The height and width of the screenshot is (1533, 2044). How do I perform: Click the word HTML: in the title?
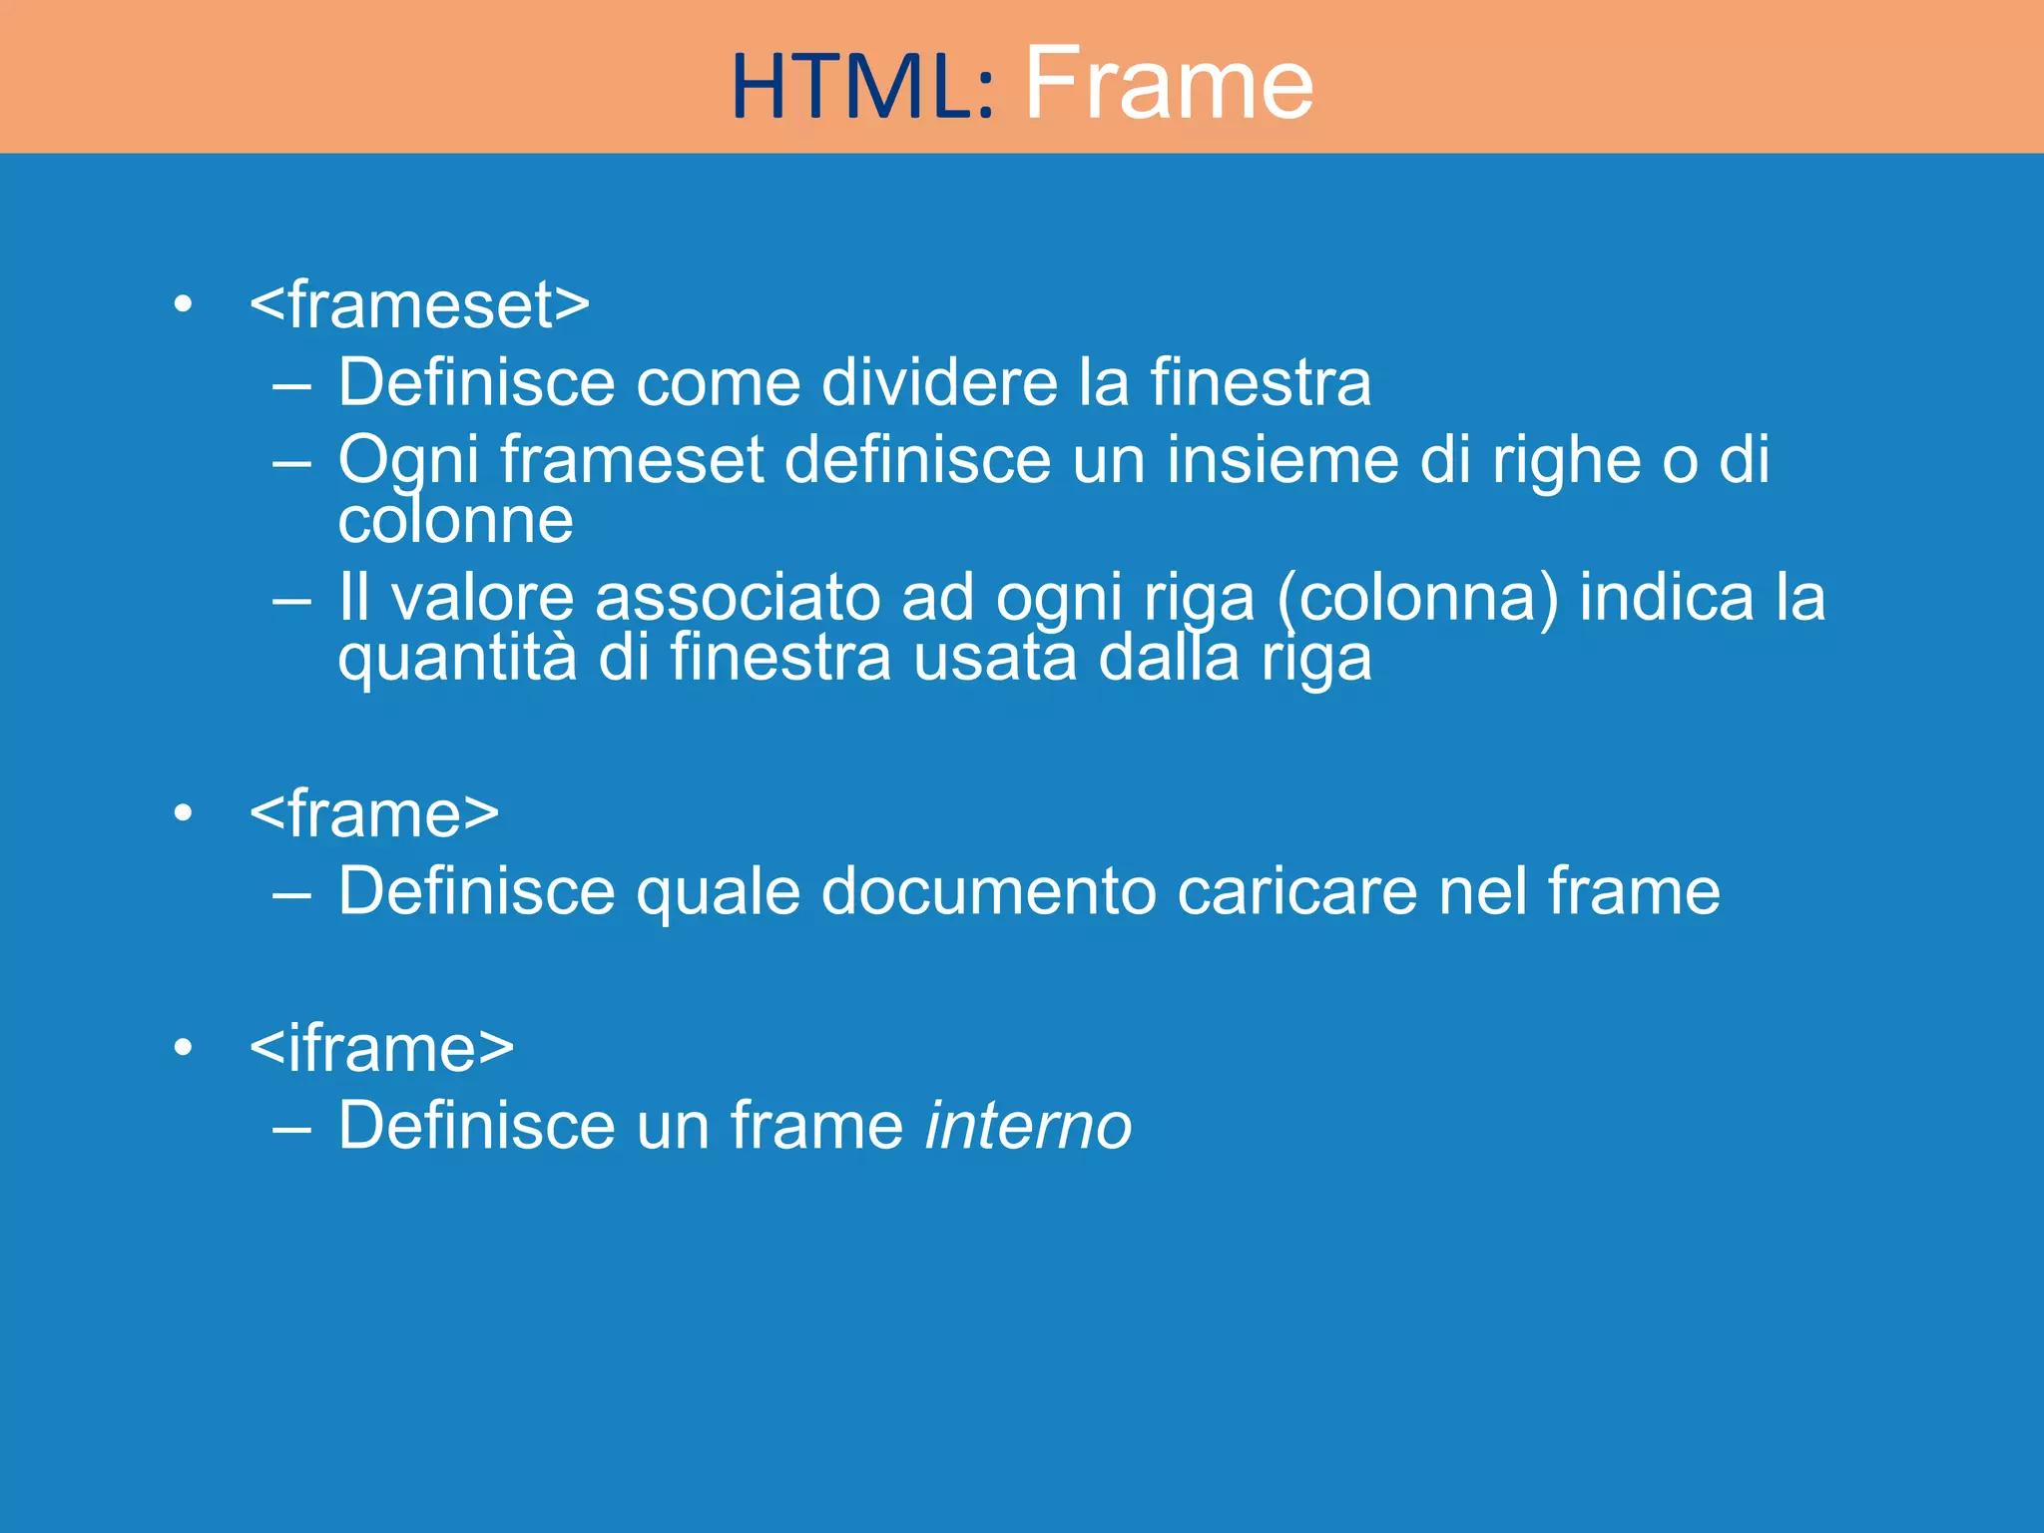coord(862,88)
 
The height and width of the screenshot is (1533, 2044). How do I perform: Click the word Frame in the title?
coord(1169,84)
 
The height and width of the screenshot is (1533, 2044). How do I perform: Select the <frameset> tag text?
coord(419,305)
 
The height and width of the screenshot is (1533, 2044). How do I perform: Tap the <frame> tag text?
coord(374,814)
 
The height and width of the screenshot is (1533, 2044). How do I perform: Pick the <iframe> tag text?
coord(381,1049)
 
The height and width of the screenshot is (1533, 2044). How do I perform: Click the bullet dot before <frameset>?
coord(183,304)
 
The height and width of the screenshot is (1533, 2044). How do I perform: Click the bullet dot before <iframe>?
coord(183,1048)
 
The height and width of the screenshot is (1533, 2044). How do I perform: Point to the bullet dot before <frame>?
coord(183,813)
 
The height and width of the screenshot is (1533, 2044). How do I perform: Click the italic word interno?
coord(1028,1126)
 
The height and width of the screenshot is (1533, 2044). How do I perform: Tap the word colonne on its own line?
coord(455,521)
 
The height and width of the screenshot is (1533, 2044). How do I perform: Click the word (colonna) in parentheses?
coord(1417,599)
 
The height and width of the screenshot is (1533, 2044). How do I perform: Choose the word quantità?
coord(457,659)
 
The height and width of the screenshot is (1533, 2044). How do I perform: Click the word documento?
coord(988,891)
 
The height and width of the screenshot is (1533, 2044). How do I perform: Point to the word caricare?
coord(1296,891)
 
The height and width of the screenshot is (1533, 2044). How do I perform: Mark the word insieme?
coord(1282,460)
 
